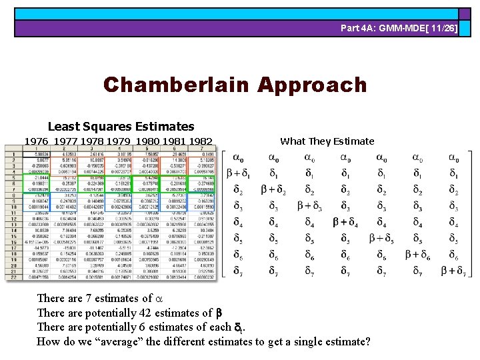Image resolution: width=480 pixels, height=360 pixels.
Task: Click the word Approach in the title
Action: [x=312, y=85]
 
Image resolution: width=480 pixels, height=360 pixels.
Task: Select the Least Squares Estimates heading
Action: [x=121, y=126]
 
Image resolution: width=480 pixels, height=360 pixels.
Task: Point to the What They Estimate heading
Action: [x=327, y=141]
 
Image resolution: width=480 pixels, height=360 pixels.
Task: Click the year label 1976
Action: [x=36, y=141]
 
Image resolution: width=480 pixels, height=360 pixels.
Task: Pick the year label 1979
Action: [x=119, y=141]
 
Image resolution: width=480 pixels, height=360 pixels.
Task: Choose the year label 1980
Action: [x=147, y=141]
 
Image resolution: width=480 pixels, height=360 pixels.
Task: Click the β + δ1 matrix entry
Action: [x=238, y=173]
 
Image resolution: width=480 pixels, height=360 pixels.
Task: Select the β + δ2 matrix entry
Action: [x=273, y=190]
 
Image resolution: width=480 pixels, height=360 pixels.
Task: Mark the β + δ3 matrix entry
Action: [x=309, y=206]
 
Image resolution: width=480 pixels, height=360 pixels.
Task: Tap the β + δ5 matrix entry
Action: [x=381, y=238]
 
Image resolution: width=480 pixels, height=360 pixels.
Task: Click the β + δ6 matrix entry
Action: [x=417, y=254]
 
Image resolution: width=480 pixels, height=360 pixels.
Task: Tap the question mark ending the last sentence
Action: [x=367, y=341]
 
